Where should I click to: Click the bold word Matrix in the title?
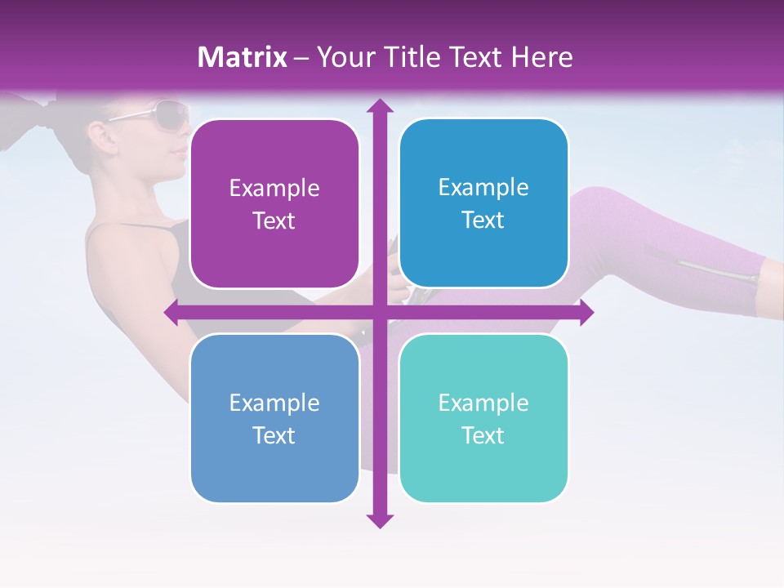243,57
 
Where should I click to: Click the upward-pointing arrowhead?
379,106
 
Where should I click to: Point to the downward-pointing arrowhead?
379,520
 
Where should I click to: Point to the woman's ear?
100,133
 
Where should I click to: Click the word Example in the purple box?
274,189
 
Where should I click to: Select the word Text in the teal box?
483,435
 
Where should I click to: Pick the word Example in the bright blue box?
483,188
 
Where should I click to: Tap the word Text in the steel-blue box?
274,435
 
